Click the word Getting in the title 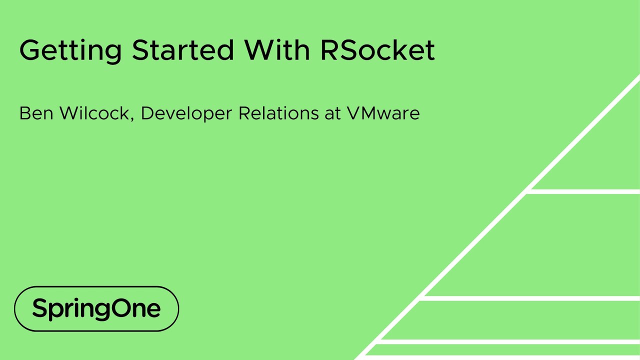(x=70, y=50)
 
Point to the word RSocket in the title (x=377, y=50)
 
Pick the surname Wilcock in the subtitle (x=94, y=113)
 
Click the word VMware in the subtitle (x=383, y=113)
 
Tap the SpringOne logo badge (x=96, y=308)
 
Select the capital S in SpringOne (x=39, y=308)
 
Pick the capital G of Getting (x=31, y=50)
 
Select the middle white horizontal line (x=530, y=298)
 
